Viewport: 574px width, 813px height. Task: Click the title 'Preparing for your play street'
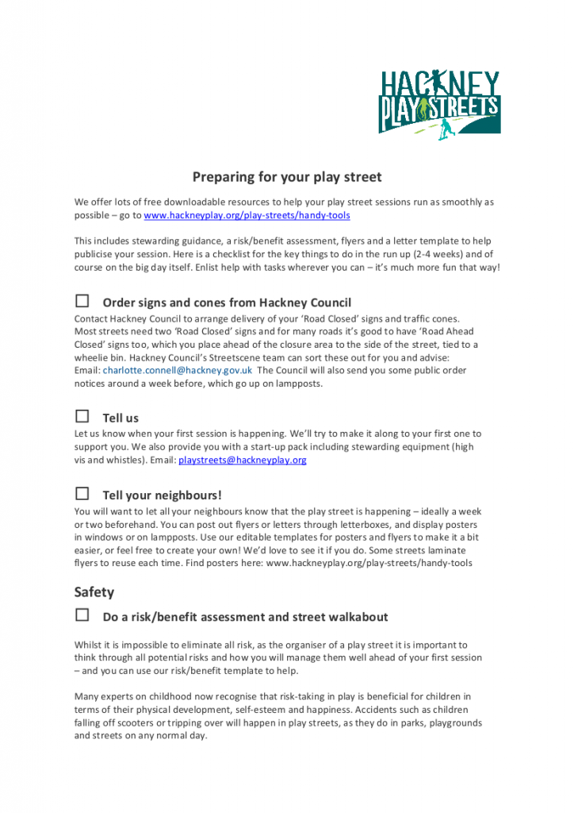tap(287, 177)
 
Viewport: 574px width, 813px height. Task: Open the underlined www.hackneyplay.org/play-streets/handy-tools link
tap(247, 215)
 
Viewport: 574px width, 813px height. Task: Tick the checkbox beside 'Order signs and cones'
tap(82, 301)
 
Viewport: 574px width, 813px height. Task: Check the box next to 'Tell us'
tap(82, 416)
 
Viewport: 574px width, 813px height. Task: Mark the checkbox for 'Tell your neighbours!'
tap(82, 494)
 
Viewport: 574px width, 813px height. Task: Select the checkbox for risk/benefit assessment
tap(82, 615)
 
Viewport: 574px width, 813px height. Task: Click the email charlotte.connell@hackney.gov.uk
tap(178, 370)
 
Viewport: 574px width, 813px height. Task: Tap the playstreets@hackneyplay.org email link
tap(242, 460)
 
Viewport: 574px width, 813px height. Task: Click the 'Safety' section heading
tap(94, 592)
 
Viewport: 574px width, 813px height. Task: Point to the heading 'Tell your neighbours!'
tap(162, 495)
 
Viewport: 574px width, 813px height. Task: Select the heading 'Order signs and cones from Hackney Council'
tap(227, 302)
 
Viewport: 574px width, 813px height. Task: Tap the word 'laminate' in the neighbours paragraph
tap(444, 550)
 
